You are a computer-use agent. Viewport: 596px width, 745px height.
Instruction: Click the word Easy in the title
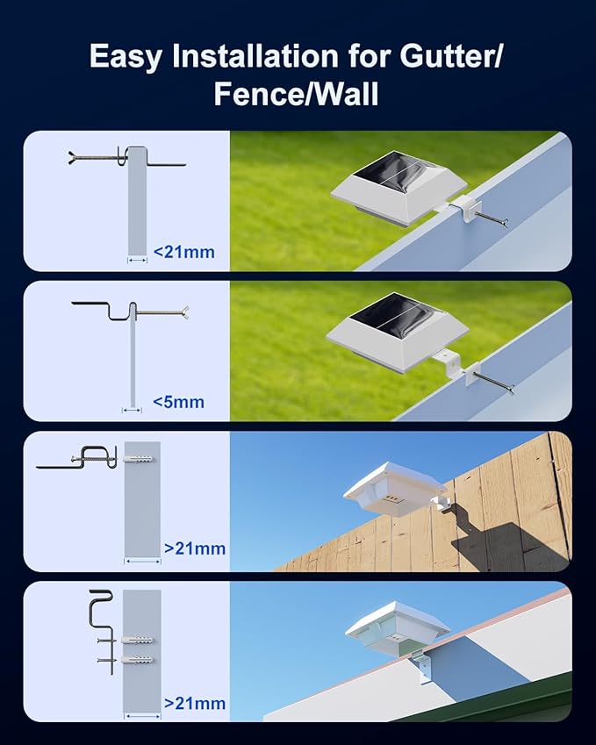[x=125, y=57]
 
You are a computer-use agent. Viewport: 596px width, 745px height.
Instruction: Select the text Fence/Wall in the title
[x=297, y=94]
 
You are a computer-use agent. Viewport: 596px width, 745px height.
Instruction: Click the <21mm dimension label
[x=183, y=253]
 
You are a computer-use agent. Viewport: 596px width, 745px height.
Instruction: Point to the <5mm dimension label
[x=178, y=402]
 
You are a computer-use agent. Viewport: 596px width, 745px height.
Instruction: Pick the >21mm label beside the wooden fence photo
[x=194, y=548]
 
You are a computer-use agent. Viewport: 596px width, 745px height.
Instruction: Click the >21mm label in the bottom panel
[x=194, y=703]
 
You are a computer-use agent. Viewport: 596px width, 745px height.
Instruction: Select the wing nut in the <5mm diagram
[x=183, y=311]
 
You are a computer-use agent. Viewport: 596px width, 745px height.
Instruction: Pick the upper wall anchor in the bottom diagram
[x=140, y=638]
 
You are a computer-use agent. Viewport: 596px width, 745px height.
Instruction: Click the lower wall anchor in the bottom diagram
[x=140, y=659]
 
